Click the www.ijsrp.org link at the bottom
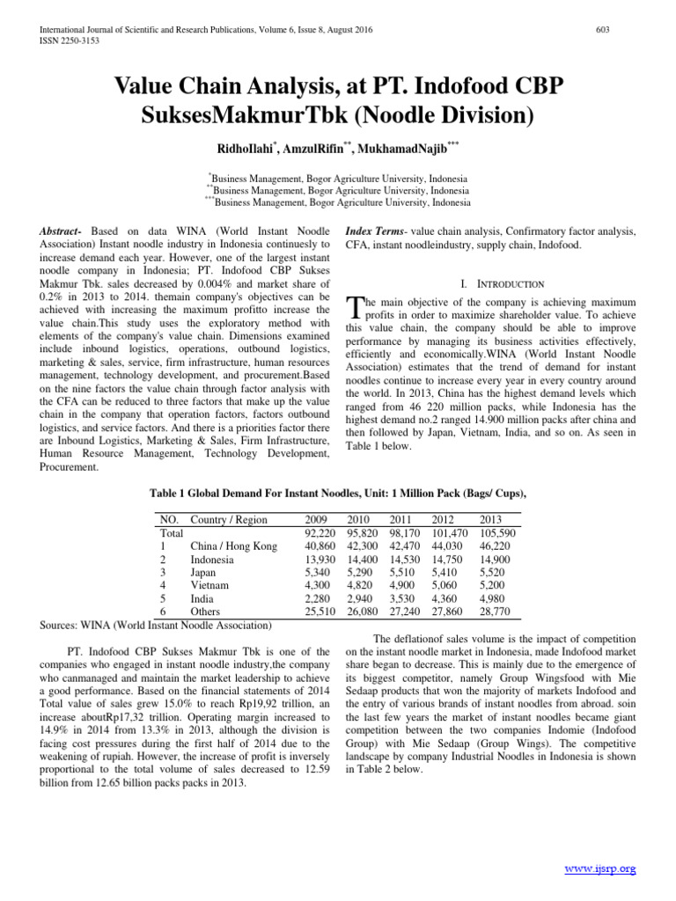(599, 868)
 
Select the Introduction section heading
(502, 283)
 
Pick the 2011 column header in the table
(405, 520)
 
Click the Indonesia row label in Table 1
(212, 559)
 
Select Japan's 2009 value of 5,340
(317, 572)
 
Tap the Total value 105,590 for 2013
(497, 533)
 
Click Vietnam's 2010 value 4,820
(362, 584)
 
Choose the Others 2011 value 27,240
(405, 611)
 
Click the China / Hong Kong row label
(233, 546)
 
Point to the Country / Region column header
(229, 520)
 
